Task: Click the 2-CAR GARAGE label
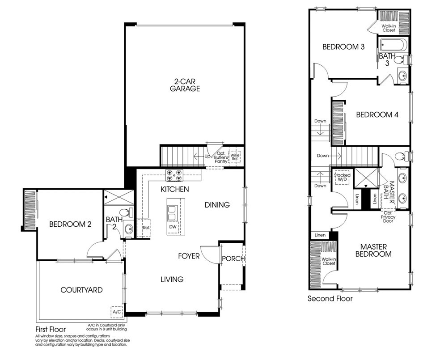click(x=185, y=85)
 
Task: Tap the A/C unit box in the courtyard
click(x=116, y=311)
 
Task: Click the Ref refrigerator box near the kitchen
click(x=145, y=227)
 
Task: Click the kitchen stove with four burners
click(x=174, y=174)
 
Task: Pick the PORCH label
click(x=233, y=258)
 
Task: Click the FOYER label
click(x=189, y=256)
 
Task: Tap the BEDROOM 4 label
click(x=377, y=114)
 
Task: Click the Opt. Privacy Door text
click(x=388, y=217)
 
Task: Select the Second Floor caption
click(x=330, y=298)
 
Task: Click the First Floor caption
click(x=51, y=329)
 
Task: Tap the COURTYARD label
click(x=81, y=290)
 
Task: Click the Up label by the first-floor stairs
click(x=207, y=157)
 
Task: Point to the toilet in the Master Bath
click(x=402, y=157)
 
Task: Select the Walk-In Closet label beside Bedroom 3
click(x=388, y=28)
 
